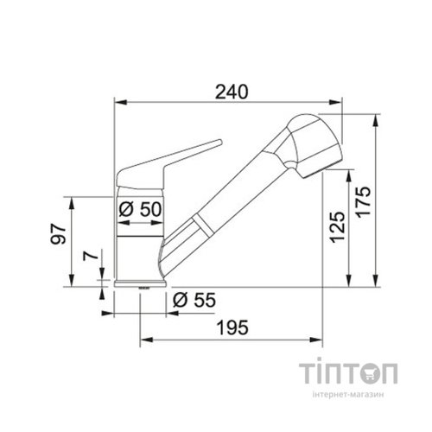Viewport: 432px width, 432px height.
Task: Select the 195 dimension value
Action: tap(232, 327)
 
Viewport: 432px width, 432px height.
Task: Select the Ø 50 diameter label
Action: tap(140, 209)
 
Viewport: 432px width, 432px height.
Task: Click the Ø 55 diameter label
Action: tap(192, 301)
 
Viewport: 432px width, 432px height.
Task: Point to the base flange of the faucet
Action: tap(139, 283)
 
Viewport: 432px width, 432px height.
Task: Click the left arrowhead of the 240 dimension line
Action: tap(119, 105)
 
